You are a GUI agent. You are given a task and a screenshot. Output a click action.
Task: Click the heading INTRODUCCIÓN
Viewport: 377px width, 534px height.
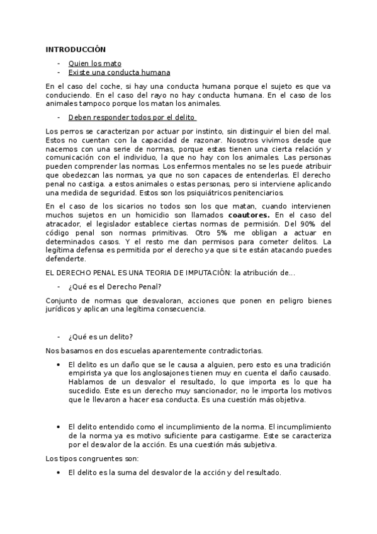pos(76,49)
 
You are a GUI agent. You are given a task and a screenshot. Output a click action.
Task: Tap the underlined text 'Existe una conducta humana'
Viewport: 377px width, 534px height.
pos(119,72)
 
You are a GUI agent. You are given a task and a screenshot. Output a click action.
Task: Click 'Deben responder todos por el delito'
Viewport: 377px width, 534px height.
pos(132,117)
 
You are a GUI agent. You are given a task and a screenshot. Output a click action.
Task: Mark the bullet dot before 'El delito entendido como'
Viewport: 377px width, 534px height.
pos(58,427)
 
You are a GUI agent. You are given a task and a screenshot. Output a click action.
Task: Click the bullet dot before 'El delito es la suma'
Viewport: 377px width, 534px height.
pos(58,472)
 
